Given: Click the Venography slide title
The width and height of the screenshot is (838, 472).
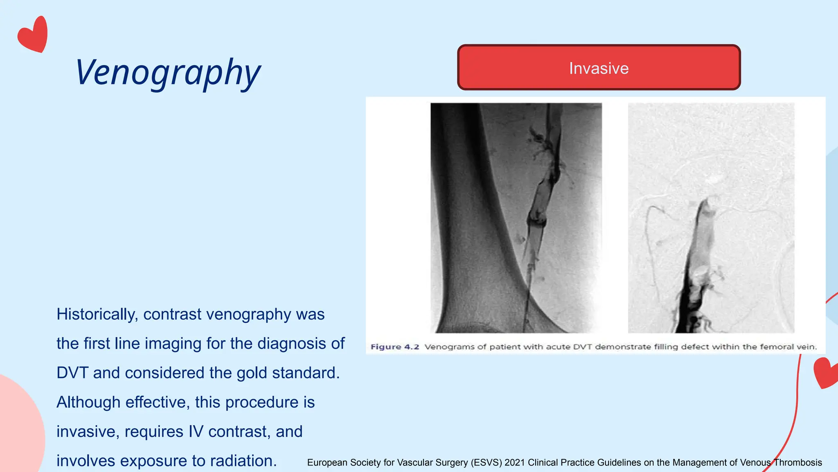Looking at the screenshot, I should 168,73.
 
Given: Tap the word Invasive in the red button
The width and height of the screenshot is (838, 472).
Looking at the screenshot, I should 599,68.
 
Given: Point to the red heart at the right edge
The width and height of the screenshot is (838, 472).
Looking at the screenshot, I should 826,372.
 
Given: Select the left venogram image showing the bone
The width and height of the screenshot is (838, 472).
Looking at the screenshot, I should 516,218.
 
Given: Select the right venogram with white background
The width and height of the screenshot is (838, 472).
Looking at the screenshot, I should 711,218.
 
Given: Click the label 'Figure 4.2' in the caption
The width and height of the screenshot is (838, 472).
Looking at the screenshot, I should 394,347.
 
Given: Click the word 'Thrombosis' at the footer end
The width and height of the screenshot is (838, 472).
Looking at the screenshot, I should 798,463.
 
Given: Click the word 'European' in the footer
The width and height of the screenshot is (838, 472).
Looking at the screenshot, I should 327,463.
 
